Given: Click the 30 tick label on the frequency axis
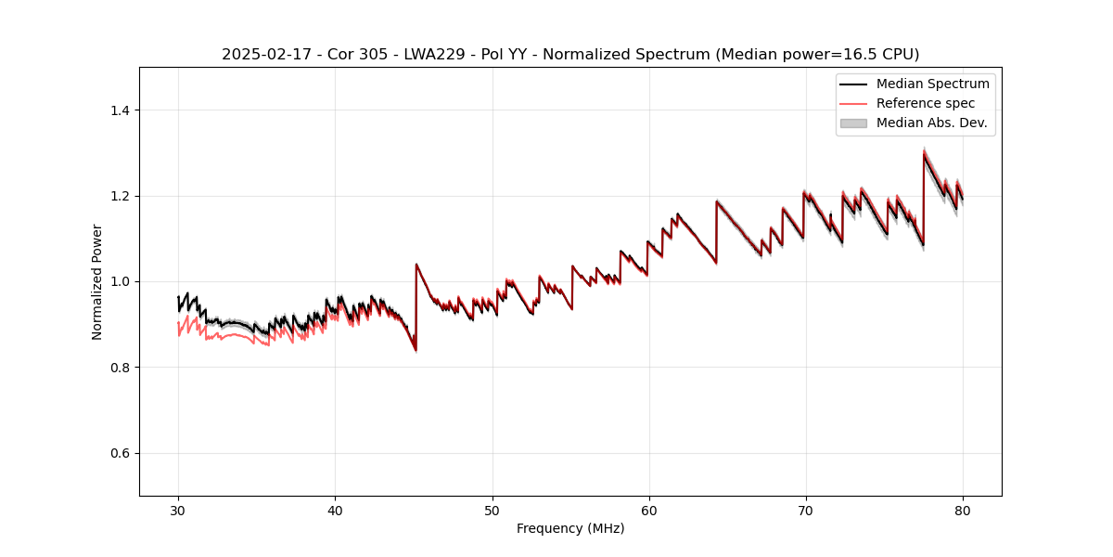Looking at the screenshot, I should (x=178, y=510).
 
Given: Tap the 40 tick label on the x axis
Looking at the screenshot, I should (x=335, y=510).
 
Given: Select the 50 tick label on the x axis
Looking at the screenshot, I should (x=493, y=510).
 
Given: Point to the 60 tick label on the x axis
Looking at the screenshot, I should (x=649, y=510).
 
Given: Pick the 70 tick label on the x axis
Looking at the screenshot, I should (x=806, y=510).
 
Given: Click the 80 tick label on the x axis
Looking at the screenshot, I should (x=963, y=510).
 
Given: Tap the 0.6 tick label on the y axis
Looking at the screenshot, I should (x=120, y=453).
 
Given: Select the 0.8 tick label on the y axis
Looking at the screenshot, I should (x=120, y=368).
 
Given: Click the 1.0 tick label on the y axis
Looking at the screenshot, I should (x=120, y=281).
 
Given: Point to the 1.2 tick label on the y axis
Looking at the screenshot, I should (x=120, y=196).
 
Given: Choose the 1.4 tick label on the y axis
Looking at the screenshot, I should (x=120, y=110).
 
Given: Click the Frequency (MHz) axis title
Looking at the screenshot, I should (x=570, y=528).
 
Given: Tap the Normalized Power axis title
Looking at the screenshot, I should (x=97, y=281).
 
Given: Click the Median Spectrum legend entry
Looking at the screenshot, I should (x=932, y=84).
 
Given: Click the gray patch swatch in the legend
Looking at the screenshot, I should (x=853, y=123).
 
